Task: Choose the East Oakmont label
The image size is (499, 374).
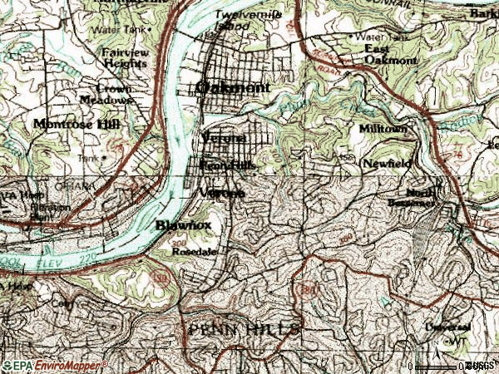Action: pos(389,53)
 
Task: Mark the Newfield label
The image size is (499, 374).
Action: pos(386,165)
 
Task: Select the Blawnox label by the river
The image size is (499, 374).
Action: pos(180,224)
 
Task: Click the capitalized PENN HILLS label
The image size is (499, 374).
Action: pos(243,330)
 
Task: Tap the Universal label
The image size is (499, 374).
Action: pos(448,328)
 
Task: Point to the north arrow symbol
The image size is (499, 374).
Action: pos(456,341)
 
